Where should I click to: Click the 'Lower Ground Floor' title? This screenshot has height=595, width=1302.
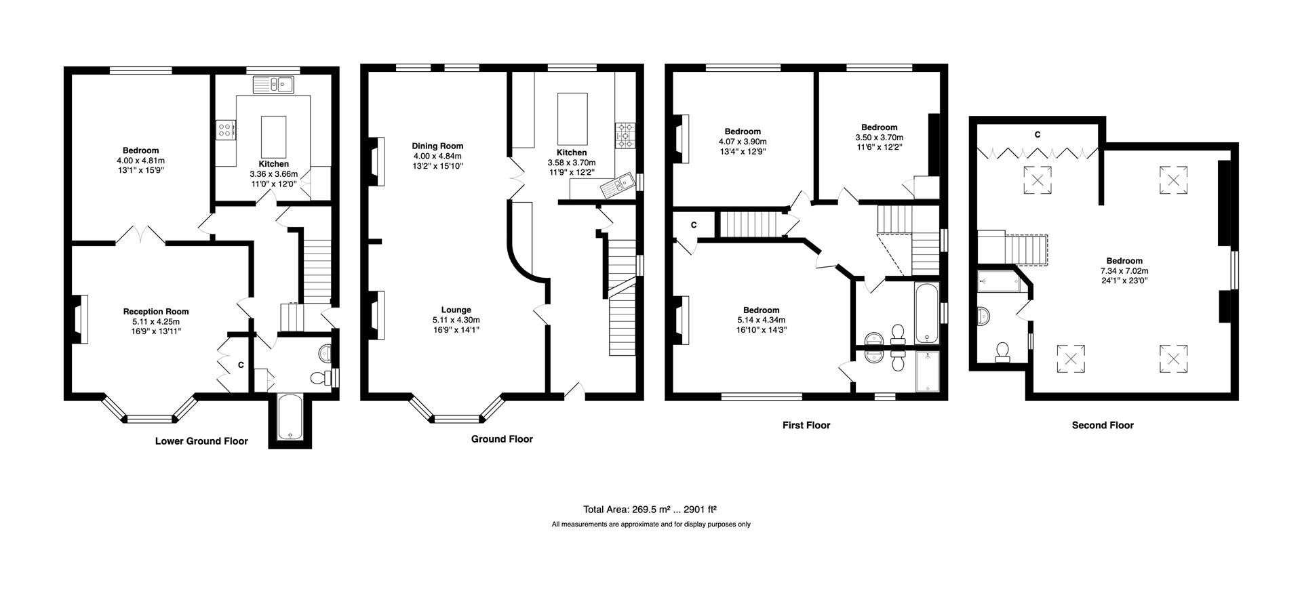[x=201, y=441]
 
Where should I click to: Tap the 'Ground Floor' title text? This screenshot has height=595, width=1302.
[x=502, y=439]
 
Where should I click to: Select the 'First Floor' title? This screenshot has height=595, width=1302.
[x=806, y=426]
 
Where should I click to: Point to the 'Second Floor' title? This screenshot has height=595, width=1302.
[x=1103, y=426]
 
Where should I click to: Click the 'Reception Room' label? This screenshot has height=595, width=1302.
[x=156, y=312]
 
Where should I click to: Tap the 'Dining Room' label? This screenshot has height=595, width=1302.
[x=438, y=146]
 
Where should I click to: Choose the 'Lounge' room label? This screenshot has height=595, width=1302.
[x=456, y=310]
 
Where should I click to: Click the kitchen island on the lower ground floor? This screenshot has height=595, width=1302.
[x=273, y=136]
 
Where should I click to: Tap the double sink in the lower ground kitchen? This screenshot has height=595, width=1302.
[x=273, y=85]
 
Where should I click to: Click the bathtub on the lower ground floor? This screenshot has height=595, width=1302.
[x=290, y=417]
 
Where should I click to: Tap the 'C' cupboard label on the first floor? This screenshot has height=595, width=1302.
[x=694, y=225]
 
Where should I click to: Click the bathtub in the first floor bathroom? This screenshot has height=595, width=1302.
[x=926, y=314]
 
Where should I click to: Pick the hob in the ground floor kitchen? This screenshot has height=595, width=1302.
[x=625, y=135]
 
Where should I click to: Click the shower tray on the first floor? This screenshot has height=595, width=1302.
[x=927, y=371]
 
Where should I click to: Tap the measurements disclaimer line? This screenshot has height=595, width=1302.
[x=651, y=525]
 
